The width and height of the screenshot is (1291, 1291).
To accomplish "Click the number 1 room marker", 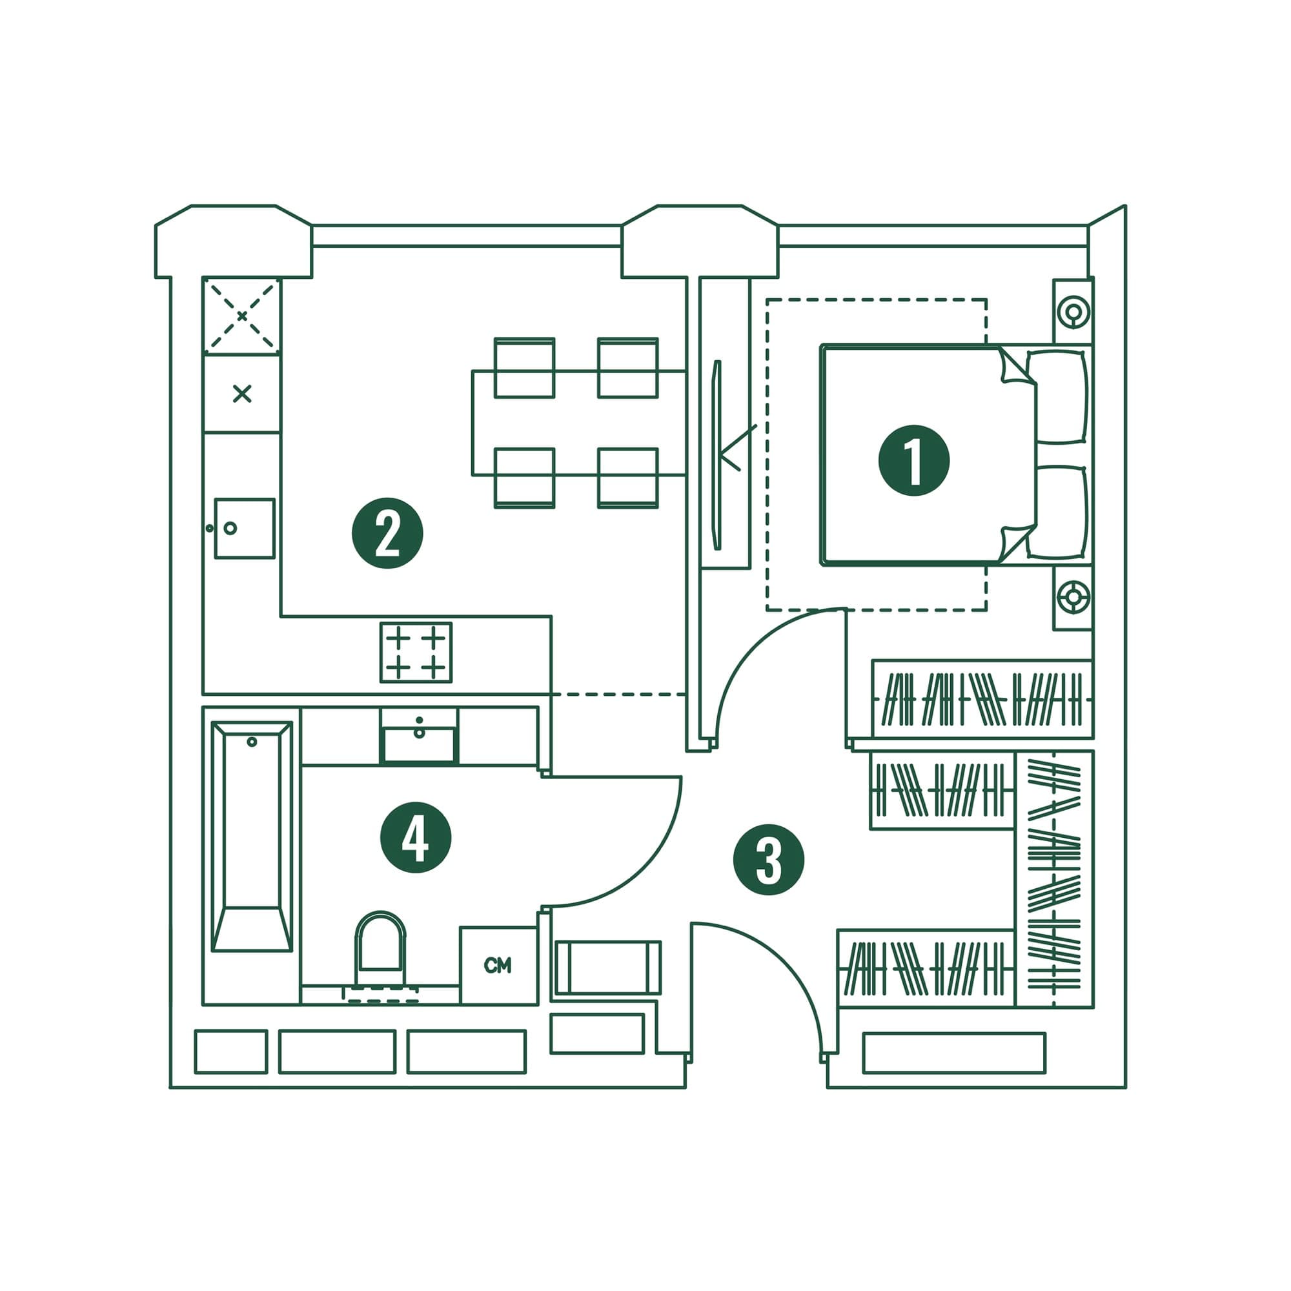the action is pos(913,460).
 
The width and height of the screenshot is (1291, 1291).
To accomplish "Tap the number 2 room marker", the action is pos(387,533).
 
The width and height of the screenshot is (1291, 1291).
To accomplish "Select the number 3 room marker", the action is pos(768,860).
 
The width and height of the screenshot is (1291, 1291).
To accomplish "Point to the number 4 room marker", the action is pos(416,837).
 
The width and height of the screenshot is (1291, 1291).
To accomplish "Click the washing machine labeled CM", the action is pos(498,966).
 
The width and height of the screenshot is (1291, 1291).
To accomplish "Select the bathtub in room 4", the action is pos(252,836).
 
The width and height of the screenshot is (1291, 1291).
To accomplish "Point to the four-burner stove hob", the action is pos(416,652).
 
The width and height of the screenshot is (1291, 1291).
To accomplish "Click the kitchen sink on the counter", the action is pos(244,528).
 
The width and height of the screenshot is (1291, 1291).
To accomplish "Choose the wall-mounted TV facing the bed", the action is pos(717,455).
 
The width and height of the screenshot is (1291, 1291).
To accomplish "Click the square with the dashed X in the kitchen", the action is pos(242,316).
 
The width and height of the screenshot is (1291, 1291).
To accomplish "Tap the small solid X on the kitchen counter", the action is pos(242,394).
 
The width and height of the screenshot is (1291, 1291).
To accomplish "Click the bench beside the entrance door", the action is pos(607,968).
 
